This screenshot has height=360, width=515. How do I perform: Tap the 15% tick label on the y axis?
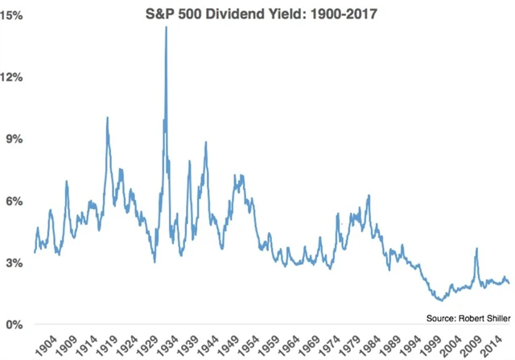[14, 15]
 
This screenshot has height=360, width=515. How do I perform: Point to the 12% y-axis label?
[14, 77]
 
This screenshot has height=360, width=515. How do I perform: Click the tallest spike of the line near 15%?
[166, 28]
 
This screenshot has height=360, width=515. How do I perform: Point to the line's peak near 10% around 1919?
[107, 118]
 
